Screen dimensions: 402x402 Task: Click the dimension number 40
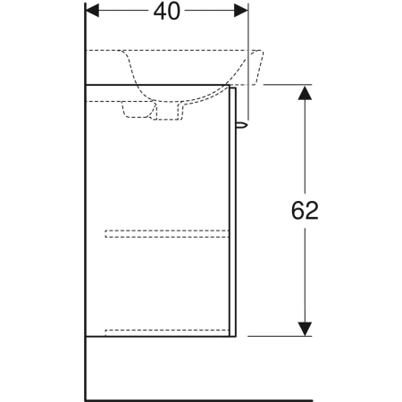tap(167, 12)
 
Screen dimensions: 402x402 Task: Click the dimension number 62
tap(305, 211)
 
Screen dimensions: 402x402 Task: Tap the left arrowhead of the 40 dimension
tap(92, 11)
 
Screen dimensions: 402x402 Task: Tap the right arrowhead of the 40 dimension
tap(241, 11)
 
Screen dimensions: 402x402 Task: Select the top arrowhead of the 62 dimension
tap(305, 93)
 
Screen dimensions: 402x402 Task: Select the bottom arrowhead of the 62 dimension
tap(305, 329)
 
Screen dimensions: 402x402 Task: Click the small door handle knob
tap(242, 124)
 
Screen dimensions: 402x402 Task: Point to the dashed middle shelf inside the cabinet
tap(167, 234)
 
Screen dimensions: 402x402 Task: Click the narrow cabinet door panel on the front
tap(233, 212)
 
